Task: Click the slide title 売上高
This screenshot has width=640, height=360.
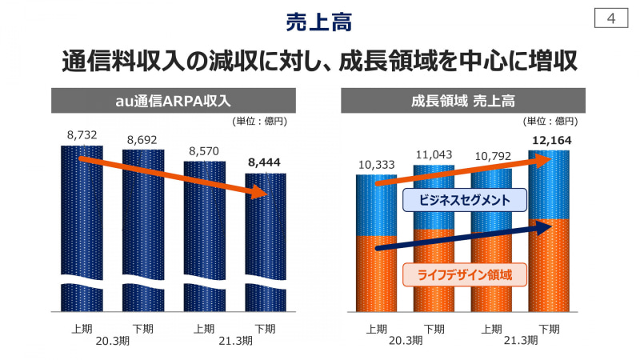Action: pos(319,22)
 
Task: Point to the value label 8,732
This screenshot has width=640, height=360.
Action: pos(82,135)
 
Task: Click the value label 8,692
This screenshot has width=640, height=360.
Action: pos(142,139)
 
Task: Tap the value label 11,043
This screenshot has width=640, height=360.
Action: pos(434,154)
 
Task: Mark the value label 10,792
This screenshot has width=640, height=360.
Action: pos(492,158)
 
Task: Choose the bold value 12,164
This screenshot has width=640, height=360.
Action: pos(549,141)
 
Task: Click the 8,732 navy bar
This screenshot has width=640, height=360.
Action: pos(82,232)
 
